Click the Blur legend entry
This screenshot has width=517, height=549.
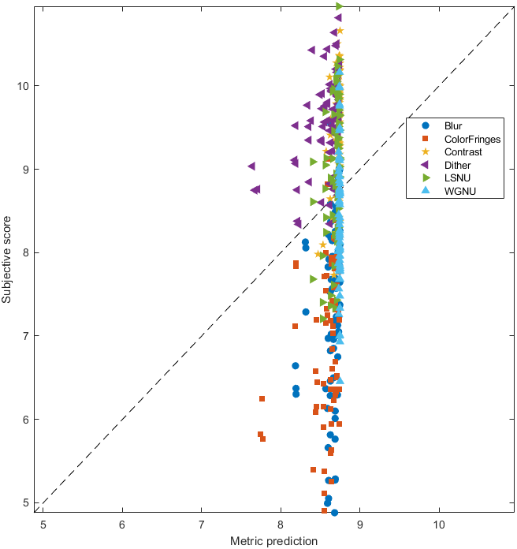click(x=453, y=125)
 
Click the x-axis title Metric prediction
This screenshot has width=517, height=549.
click(x=273, y=541)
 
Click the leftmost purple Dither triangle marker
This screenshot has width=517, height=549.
click(x=251, y=166)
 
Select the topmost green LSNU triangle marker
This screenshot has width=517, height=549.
click(x=340, y=6)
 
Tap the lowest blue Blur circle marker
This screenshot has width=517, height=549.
click(x=334, y=513)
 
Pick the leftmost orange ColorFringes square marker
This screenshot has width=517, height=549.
click(x=260, y=435)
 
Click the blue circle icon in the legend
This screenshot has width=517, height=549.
click(x=426, y=125)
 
